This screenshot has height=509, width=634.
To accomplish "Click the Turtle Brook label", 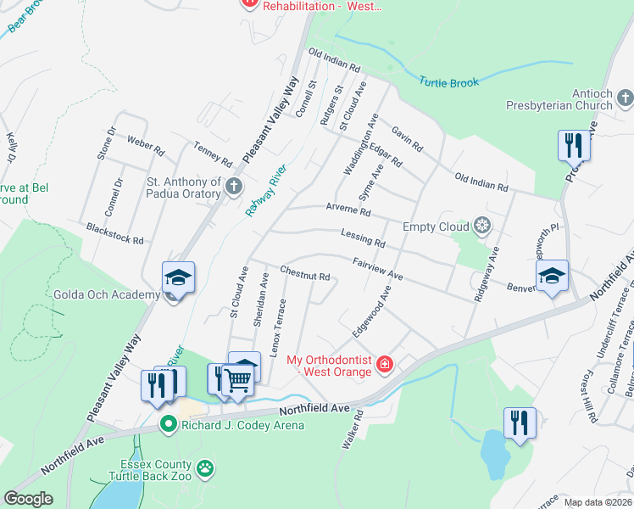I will [x=449, y=82].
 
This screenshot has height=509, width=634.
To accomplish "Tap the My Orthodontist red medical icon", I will [x=385, y=365].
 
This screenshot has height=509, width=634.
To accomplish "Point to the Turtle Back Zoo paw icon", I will [x=205, y=467].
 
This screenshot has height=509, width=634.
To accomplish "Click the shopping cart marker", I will [x=239, y=383].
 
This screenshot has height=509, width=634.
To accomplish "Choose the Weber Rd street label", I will [x=145, y=146].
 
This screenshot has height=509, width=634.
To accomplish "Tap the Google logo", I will [x=28, y=498].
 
